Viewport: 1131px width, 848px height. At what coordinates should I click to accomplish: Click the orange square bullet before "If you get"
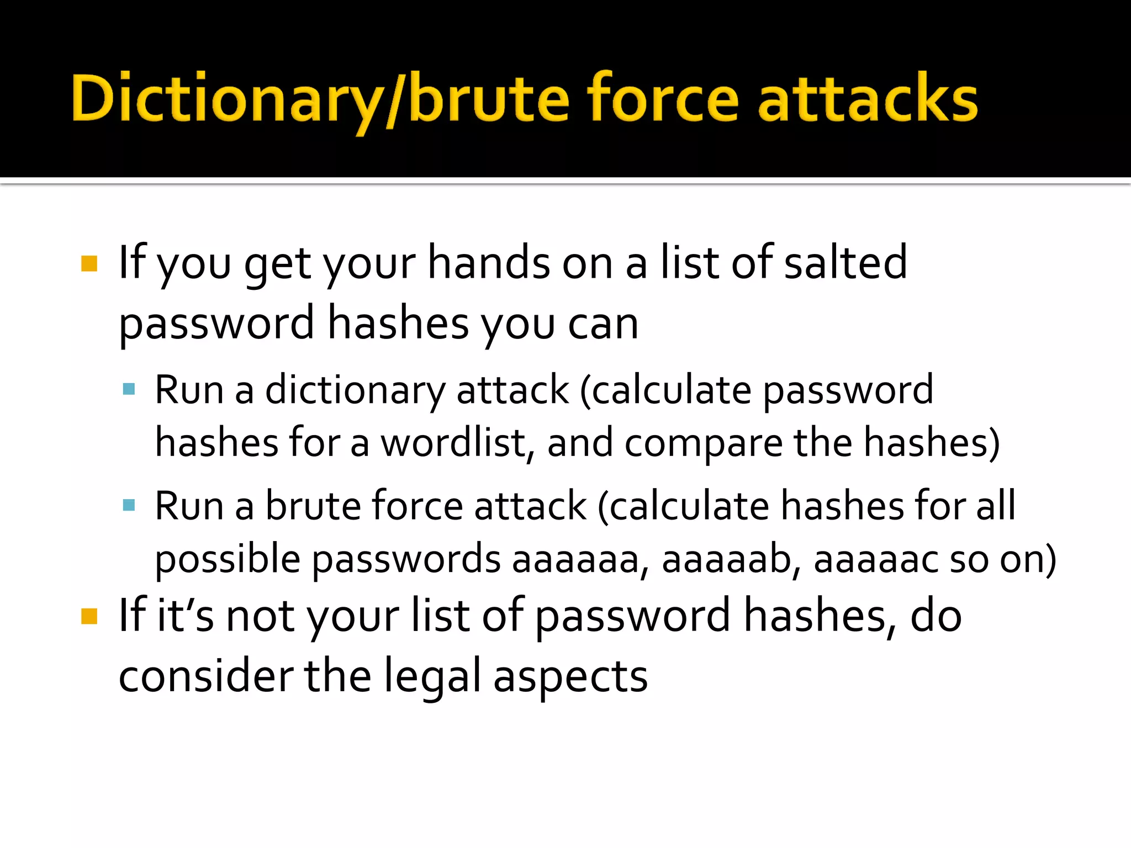(89, 264)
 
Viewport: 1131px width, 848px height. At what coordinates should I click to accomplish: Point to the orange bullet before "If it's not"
(89, 616)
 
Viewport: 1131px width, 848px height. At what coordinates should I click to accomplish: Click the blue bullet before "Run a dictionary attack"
(129, 390)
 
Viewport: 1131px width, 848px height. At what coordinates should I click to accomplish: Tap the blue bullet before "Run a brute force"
(129, 505)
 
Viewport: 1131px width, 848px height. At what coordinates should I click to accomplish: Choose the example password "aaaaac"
(875, 559)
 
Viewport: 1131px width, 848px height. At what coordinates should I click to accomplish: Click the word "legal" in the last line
(432, 677)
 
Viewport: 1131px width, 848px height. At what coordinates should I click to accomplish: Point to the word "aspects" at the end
(570, 677)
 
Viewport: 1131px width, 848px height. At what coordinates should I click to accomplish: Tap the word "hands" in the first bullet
(489, 263)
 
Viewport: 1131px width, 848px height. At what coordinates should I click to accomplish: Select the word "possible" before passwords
(227, 559)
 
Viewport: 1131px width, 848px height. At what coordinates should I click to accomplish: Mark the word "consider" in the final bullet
(206, 676)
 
